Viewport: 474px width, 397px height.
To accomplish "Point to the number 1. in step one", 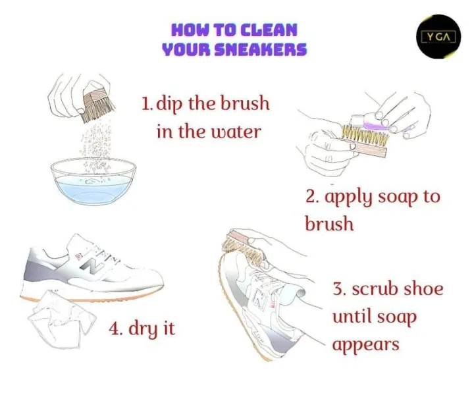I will [x=147, y=104].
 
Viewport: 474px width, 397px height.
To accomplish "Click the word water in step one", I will [x=235, y=132].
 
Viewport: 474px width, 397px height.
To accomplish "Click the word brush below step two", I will [x=329, y=224].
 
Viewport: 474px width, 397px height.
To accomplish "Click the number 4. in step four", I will [x=116, y=328].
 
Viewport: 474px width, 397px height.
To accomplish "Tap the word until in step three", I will [x=352, y=317].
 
